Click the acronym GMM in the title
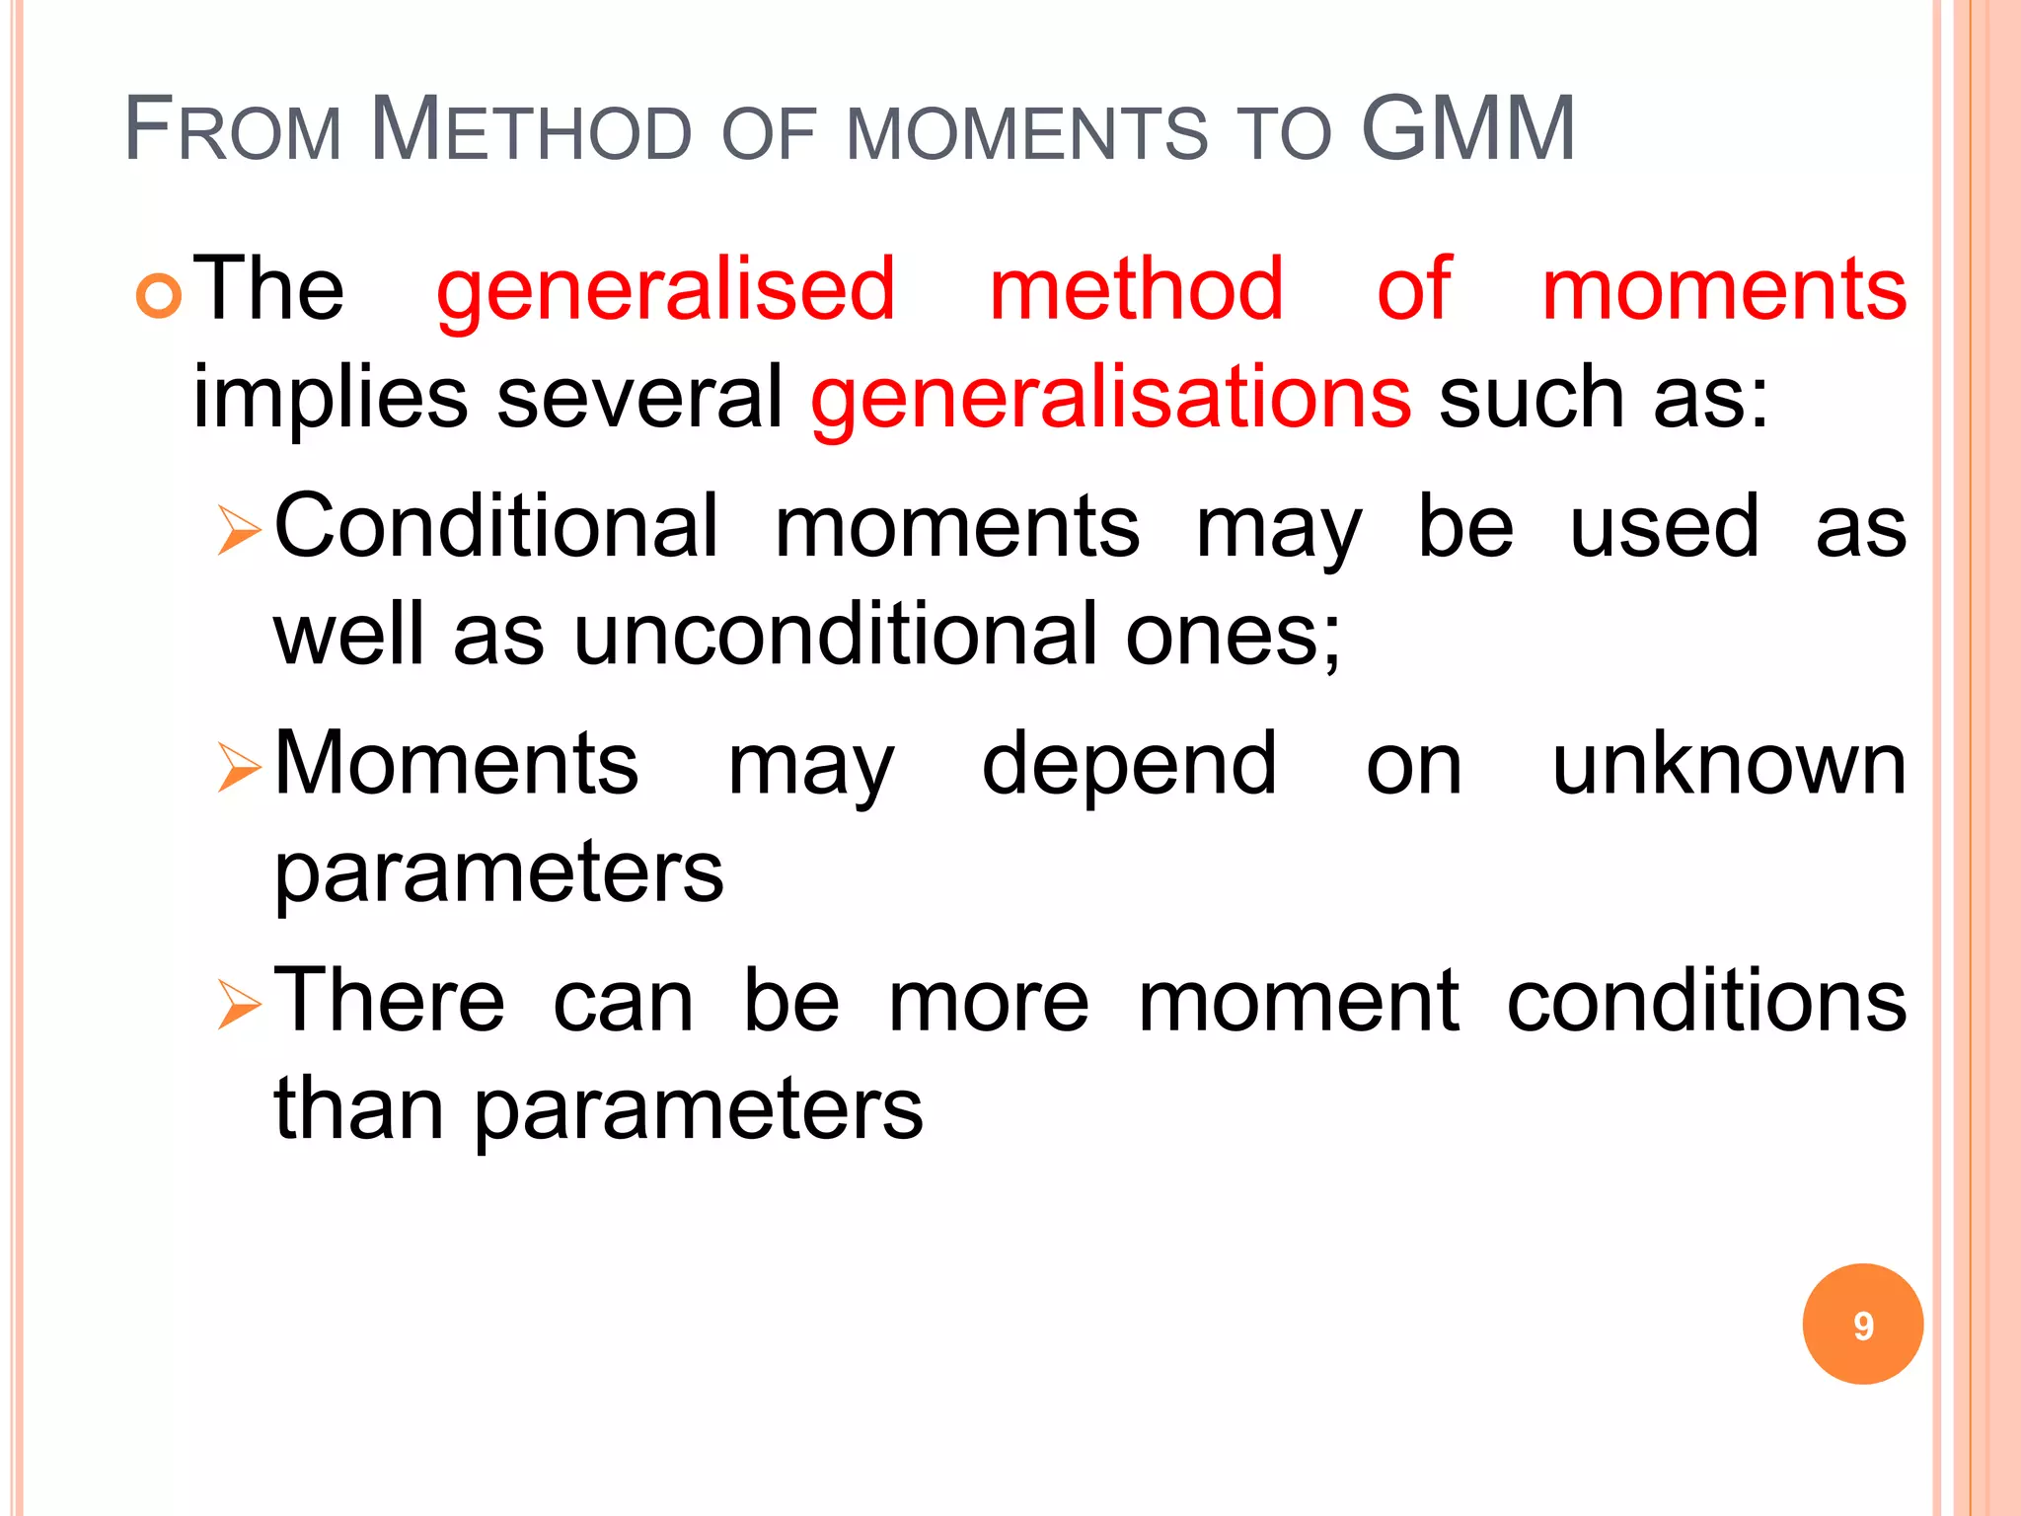coord(1467,129)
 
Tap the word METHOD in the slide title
coord(532,129)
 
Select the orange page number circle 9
coord(1862,1325)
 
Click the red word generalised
coord(665,291)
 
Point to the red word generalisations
coord(1110,398)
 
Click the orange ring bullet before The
coord(159,295)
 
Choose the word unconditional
coord(835,635)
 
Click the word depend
coord(1129,768)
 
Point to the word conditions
coord(1706,1001)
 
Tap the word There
coord(389,1001)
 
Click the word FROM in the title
coord(233,129)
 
